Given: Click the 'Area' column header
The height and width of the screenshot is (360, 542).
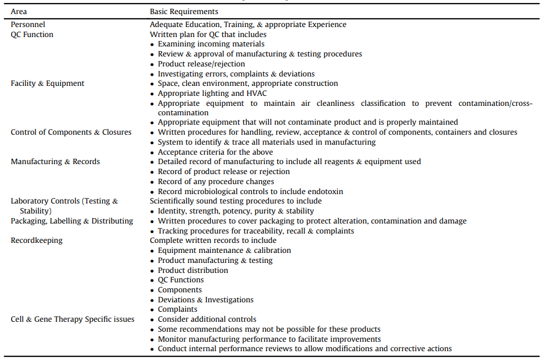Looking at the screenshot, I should (x=19, y=12).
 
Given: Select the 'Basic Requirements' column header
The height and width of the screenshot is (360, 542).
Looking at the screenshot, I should (x=184, y=12).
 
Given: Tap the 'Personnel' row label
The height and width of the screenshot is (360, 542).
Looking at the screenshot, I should (x=28, y=25).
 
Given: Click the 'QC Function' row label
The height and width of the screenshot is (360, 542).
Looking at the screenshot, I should (x=32, y=35).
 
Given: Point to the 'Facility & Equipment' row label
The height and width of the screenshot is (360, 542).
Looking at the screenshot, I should (x=48, y=84).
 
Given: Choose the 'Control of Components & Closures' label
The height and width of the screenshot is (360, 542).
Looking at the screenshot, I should (x=71, y=132).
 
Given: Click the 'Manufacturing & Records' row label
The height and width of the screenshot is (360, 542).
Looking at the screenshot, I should (x=55, y=162).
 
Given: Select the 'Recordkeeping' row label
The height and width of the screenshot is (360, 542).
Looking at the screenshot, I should (x=36, y=241).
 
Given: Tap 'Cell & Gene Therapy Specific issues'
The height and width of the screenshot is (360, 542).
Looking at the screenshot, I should (x=72, y=319).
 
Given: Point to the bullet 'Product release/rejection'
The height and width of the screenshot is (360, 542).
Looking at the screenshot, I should (x=201, y=64).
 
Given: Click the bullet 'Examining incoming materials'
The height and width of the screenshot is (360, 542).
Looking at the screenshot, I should (x=211, y=44).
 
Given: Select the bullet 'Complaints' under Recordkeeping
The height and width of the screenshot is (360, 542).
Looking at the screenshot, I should (x=178, y=309).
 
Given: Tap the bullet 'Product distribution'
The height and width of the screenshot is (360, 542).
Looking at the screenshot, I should (x=193, y=271).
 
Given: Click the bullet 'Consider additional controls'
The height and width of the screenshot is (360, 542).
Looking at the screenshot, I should (x=207, y=319).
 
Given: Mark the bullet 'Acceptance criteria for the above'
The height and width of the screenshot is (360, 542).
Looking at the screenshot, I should (x=215, y=152).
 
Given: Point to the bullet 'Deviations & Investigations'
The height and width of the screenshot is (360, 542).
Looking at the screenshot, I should (x=206, y=300).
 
